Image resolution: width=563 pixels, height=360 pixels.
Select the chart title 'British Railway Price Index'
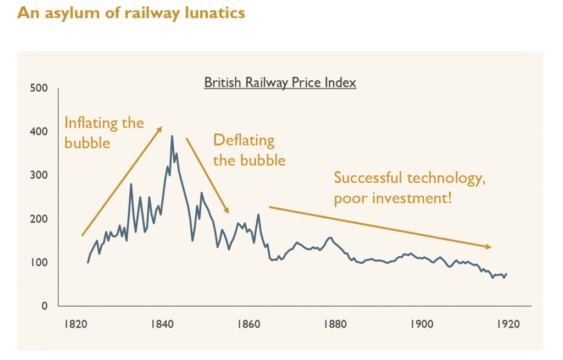coord(280,83)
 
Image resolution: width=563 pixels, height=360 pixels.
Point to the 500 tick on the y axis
coord(40,88)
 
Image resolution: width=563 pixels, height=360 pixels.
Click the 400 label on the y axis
coord(40,132)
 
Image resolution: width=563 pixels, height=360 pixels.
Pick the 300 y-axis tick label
coord(40,175)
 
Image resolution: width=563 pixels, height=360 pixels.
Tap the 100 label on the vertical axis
coord(40,263)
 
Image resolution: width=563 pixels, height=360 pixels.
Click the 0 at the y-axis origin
coord(45,306)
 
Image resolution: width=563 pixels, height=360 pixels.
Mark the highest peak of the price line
coord(172,136)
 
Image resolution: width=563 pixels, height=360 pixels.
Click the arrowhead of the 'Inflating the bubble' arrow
coord(160,129)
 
